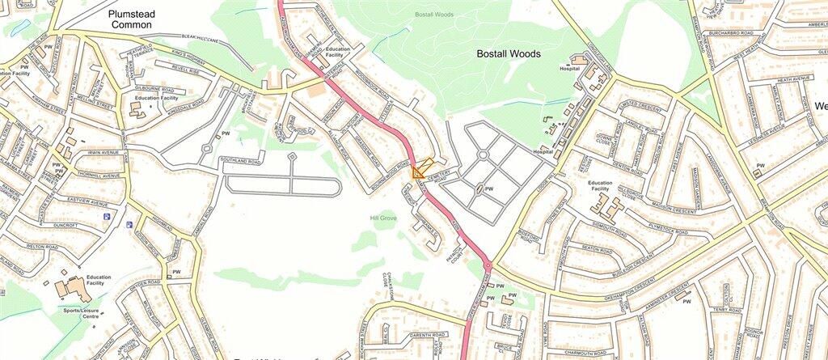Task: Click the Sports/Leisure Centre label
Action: [80, 312]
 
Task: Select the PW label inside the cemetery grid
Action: [488, 189]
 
